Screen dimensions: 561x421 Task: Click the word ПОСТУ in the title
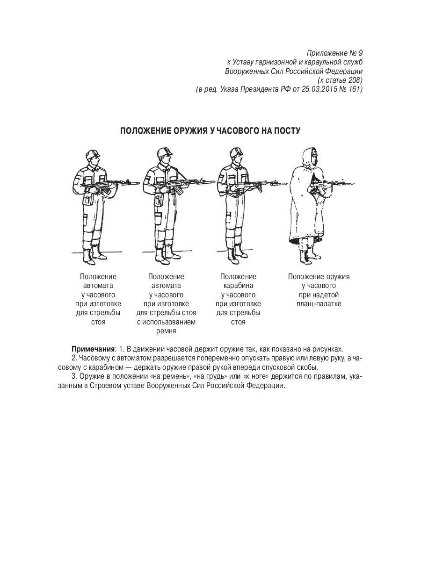coord(285,130)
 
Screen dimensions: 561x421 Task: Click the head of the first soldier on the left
coord(92,158)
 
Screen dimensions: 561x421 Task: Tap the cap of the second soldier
coord(164,151)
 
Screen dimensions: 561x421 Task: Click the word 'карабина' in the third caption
coord(238,286)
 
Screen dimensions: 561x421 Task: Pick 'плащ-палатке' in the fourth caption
coord(319,304)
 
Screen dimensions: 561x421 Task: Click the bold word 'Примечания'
coord(93,349)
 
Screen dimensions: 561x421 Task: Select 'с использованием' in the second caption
coord(166,322)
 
